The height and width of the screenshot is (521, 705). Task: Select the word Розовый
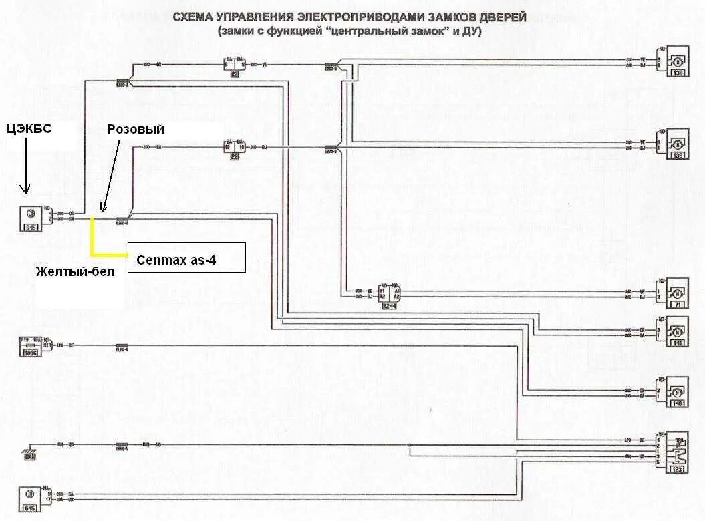pos(135,129)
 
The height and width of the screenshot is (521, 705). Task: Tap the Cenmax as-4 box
pos(186,258)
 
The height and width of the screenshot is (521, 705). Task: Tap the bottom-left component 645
pos(30,496)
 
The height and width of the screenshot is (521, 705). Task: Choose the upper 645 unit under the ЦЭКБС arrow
pos(30,217)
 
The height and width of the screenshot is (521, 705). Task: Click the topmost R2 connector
pos(235,66)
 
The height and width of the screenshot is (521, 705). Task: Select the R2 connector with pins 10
pos(235,148)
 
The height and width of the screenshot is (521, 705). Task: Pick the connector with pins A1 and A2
pos(389,293)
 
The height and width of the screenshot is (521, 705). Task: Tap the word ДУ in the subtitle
pos(473,31)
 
